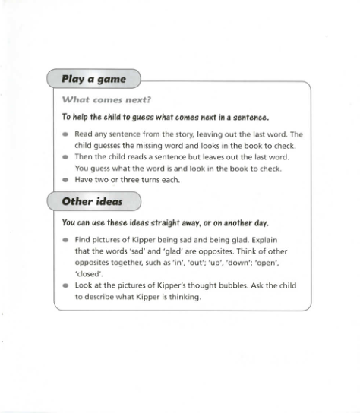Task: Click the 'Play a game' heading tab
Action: (x=93, y=79)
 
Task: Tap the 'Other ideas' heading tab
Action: (x=93, y=202)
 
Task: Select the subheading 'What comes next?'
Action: (x=106, y=99)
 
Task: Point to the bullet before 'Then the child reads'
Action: (x=65, y=158)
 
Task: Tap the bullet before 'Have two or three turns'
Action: (x=65, y=181)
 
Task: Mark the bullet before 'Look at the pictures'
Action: (x=65, y=286)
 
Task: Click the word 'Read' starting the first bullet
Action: (x=84, y=134)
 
